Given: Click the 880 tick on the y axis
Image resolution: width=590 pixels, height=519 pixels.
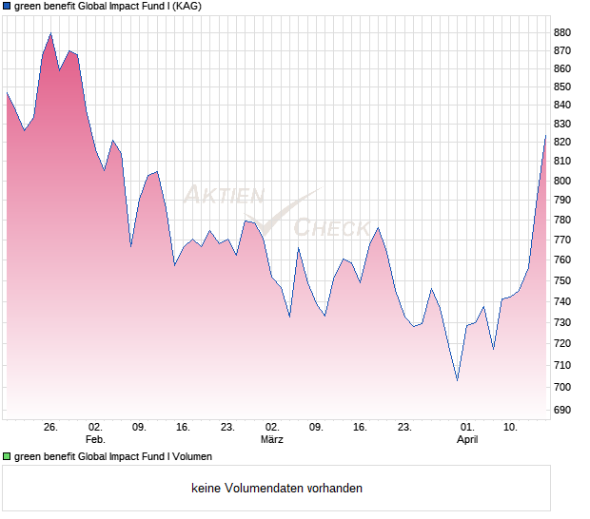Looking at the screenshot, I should click(561, 32).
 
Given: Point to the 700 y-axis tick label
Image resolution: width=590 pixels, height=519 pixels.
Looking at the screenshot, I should click(561, 387).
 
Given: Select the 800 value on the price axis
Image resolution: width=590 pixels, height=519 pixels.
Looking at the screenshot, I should click(561, 181).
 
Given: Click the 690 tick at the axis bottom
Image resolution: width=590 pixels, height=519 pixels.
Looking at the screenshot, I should click(561, 410).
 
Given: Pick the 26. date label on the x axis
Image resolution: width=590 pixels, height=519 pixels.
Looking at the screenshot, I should click(51, 428).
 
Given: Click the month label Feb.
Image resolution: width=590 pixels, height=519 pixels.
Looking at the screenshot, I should click(94, 440).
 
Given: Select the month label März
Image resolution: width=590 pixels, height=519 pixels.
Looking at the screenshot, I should click(272, 440).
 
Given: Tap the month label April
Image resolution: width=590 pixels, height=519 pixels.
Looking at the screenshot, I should click(466, 440).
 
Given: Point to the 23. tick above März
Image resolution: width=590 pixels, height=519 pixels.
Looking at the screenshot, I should click(227, 428).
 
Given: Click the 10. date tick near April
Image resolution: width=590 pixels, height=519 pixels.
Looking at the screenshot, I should click(511, 428).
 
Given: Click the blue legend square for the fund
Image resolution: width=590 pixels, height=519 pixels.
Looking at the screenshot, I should click(7, 6).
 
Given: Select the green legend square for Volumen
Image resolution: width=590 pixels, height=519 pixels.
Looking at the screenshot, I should click(7, 456).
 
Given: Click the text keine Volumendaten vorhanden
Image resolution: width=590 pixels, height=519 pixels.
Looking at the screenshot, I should click(277, 489).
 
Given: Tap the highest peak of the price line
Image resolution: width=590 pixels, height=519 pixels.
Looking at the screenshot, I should click(50, 34).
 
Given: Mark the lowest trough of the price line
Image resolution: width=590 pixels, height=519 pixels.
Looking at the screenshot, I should click(458, 380).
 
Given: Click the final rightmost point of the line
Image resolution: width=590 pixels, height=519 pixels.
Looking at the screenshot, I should click(545, 136).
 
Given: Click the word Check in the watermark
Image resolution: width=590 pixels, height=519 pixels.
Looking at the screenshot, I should click(331, 227).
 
